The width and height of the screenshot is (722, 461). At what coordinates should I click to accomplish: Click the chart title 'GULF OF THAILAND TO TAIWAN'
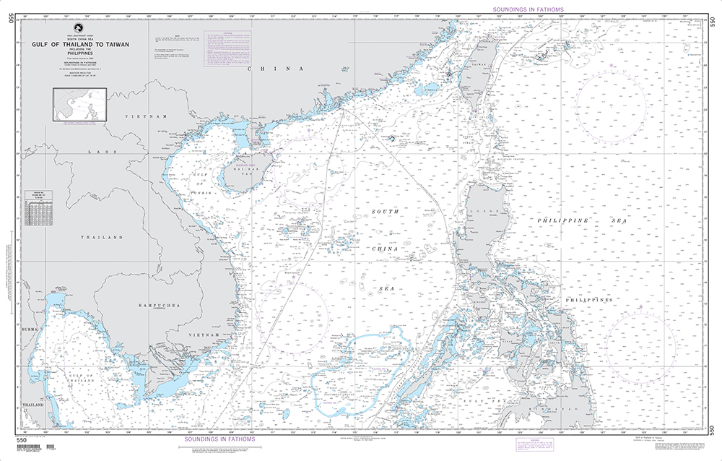pos(80,44)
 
